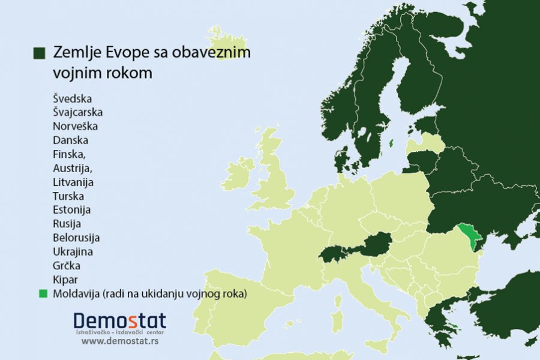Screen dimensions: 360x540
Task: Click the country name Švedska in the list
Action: click(x=73, y=98)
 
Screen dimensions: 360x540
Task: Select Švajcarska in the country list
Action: click(x=77, y=112)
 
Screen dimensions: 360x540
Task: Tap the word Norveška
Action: click(x=75, y=127)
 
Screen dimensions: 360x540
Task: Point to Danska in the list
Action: click(x=70, y=140)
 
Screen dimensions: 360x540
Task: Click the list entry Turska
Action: click(x=68, y=196)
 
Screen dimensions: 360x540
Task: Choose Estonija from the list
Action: click(x=71, y=210)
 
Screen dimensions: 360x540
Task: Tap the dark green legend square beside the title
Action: click(x=40, y=53)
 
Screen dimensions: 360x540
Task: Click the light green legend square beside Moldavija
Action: click(x=43, y=293)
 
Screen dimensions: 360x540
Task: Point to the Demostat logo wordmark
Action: click(x=119, y=321)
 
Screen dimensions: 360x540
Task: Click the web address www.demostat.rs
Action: click(x=119, y=341)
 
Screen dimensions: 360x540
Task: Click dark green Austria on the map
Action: click(x=375, y=245)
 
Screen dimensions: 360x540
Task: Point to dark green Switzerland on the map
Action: click(x=331, y=254)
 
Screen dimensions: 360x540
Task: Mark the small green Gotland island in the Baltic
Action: click(x=391, y=143)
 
